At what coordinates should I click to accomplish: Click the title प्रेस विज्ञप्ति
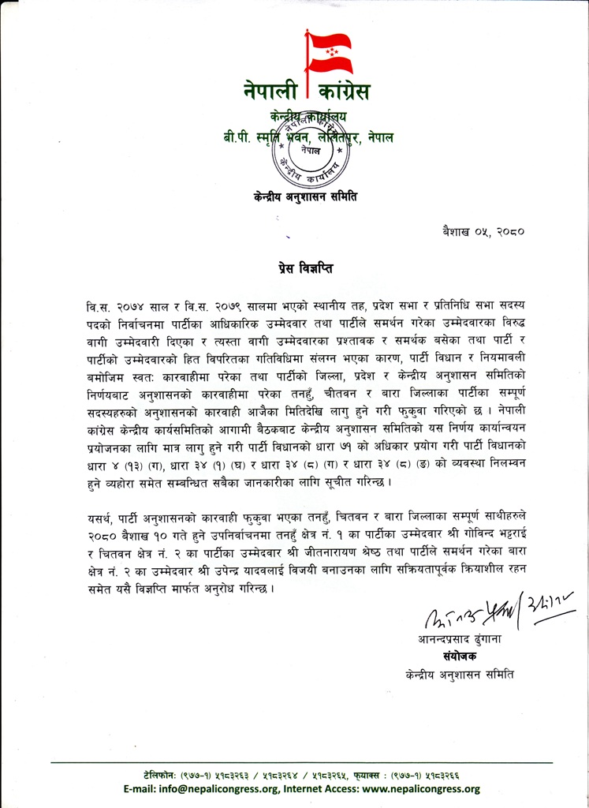(306, 268)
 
